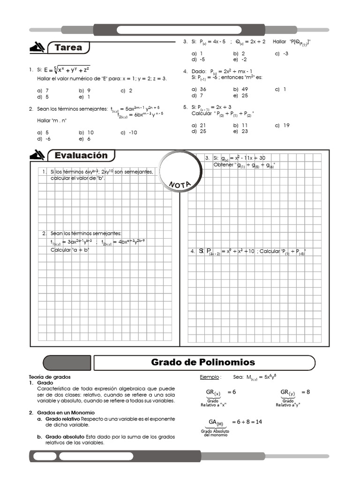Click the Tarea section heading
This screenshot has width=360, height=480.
[x=68, y=47]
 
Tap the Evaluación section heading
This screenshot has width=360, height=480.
[x=81, y=155]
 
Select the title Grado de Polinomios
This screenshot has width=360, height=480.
[x=203, y=362]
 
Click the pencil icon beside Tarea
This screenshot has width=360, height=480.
[x=37, y=47]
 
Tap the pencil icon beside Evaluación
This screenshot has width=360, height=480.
[x=37, y=155]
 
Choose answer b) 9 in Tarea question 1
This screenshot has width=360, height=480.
[x=85, y=90]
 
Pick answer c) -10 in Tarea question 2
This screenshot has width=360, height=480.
[x=128, y=132]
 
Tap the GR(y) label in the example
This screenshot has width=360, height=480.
[x=288, y=392]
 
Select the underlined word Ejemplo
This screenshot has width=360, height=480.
[x=210, y=377]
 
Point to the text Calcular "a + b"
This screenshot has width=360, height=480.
[x=70, y=250]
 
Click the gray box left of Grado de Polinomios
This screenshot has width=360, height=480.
[x=67, y=363]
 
